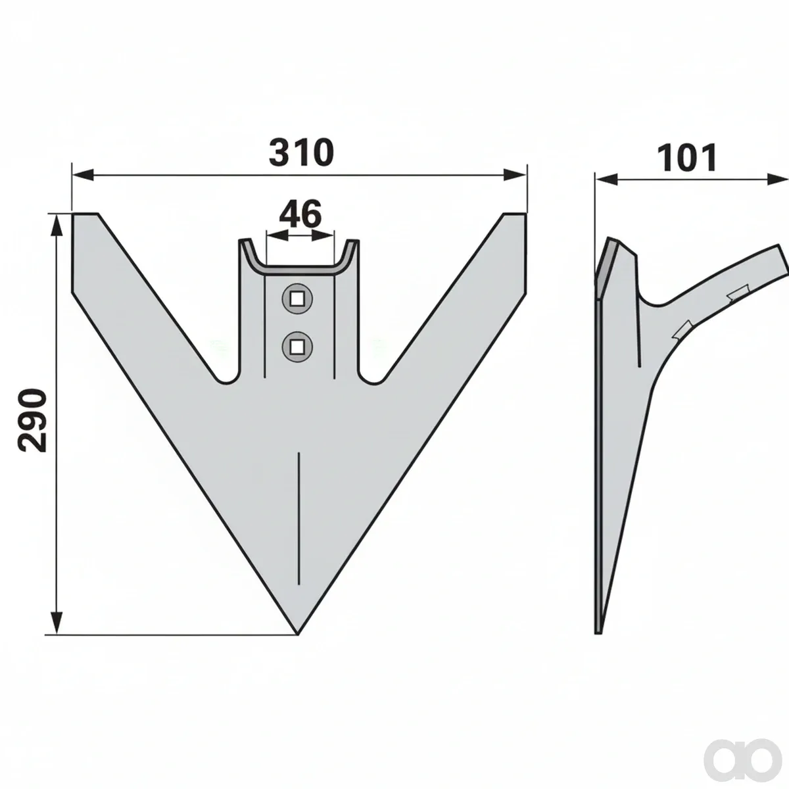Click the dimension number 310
[x=301, y=153]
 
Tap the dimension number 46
[x=300, y=214]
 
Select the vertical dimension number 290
[x=32, y=421]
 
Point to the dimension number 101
[x=687, y=157]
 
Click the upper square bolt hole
[x=297, y=300]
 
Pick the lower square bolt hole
[x=297, y=347]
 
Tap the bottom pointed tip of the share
[x=298, y=646]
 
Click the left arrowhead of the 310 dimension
[x=83, y=176]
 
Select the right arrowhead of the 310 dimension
[x=515, y=176]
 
